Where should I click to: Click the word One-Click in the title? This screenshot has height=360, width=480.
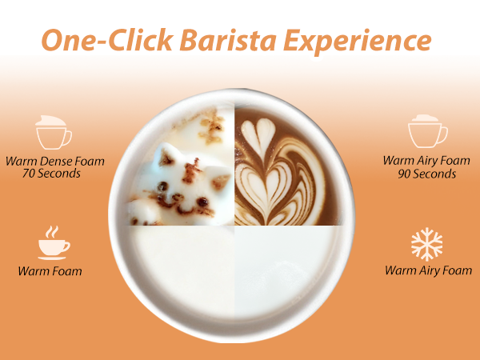coord(107,40)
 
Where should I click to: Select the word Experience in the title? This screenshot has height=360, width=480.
coord(358,42)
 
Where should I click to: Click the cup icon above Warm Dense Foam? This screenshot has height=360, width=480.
coord(54,132)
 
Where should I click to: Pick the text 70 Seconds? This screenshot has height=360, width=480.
coord(51,174)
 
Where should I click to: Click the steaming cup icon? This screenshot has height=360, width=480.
coord(54,243)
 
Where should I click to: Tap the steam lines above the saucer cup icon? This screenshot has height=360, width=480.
coord(51,232)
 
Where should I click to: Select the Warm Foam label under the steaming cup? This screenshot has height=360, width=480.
coord(50,271)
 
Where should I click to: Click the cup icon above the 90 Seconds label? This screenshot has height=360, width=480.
coord(428,131)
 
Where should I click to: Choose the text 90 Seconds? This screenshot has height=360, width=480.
coord(426,174)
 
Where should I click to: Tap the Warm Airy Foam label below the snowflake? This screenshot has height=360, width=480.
coord(428,270)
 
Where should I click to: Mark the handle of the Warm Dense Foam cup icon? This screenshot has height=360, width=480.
coord(68,138)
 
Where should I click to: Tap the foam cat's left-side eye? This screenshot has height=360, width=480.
coord(162,186)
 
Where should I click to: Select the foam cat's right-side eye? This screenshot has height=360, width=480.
coord(202,202)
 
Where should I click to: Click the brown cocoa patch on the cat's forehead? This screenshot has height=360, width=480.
coord(191,170)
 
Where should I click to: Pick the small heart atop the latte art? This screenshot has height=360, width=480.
coord(258,133)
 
